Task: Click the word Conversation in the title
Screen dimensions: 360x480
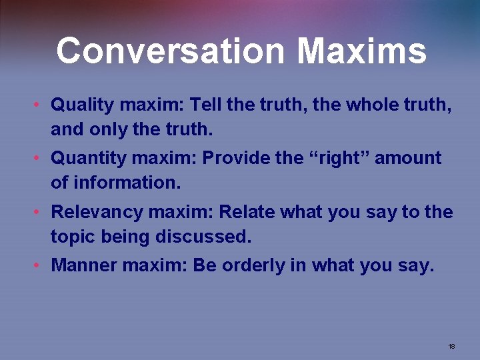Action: [171, 51]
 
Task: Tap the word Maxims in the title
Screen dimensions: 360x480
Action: [361, 51]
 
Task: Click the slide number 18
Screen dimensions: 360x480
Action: [451, 347]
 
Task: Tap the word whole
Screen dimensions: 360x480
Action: [365, 105]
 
